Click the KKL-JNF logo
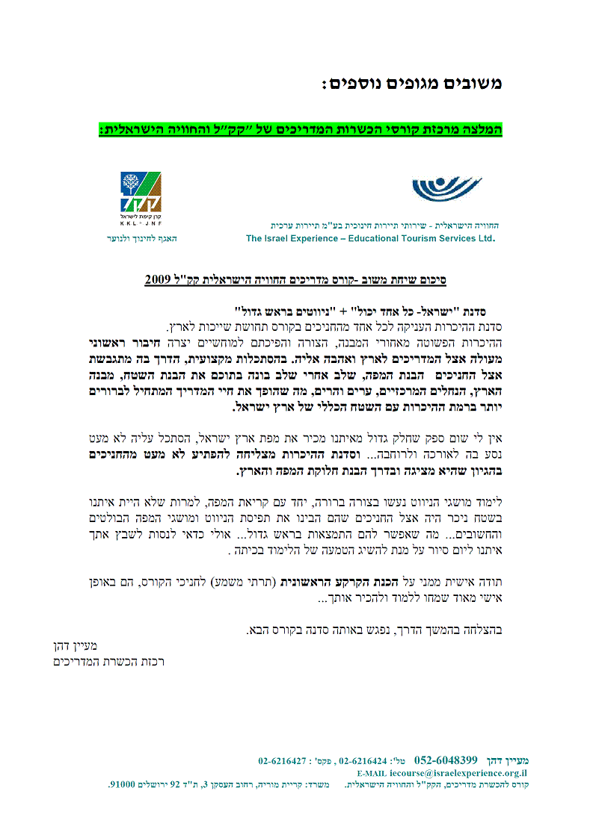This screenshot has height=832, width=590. pos(141,193)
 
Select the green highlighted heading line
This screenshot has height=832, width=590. pos(300,129)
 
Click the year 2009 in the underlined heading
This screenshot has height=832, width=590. pos(159,279)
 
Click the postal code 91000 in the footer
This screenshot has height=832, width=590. pos(122,785)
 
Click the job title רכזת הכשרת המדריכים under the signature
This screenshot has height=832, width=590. pos(109,662)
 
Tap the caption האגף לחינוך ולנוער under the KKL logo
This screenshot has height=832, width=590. pos(141,238)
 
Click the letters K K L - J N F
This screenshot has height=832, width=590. pos(141,223)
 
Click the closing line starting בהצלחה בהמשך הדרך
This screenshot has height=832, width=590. pos(374,630)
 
